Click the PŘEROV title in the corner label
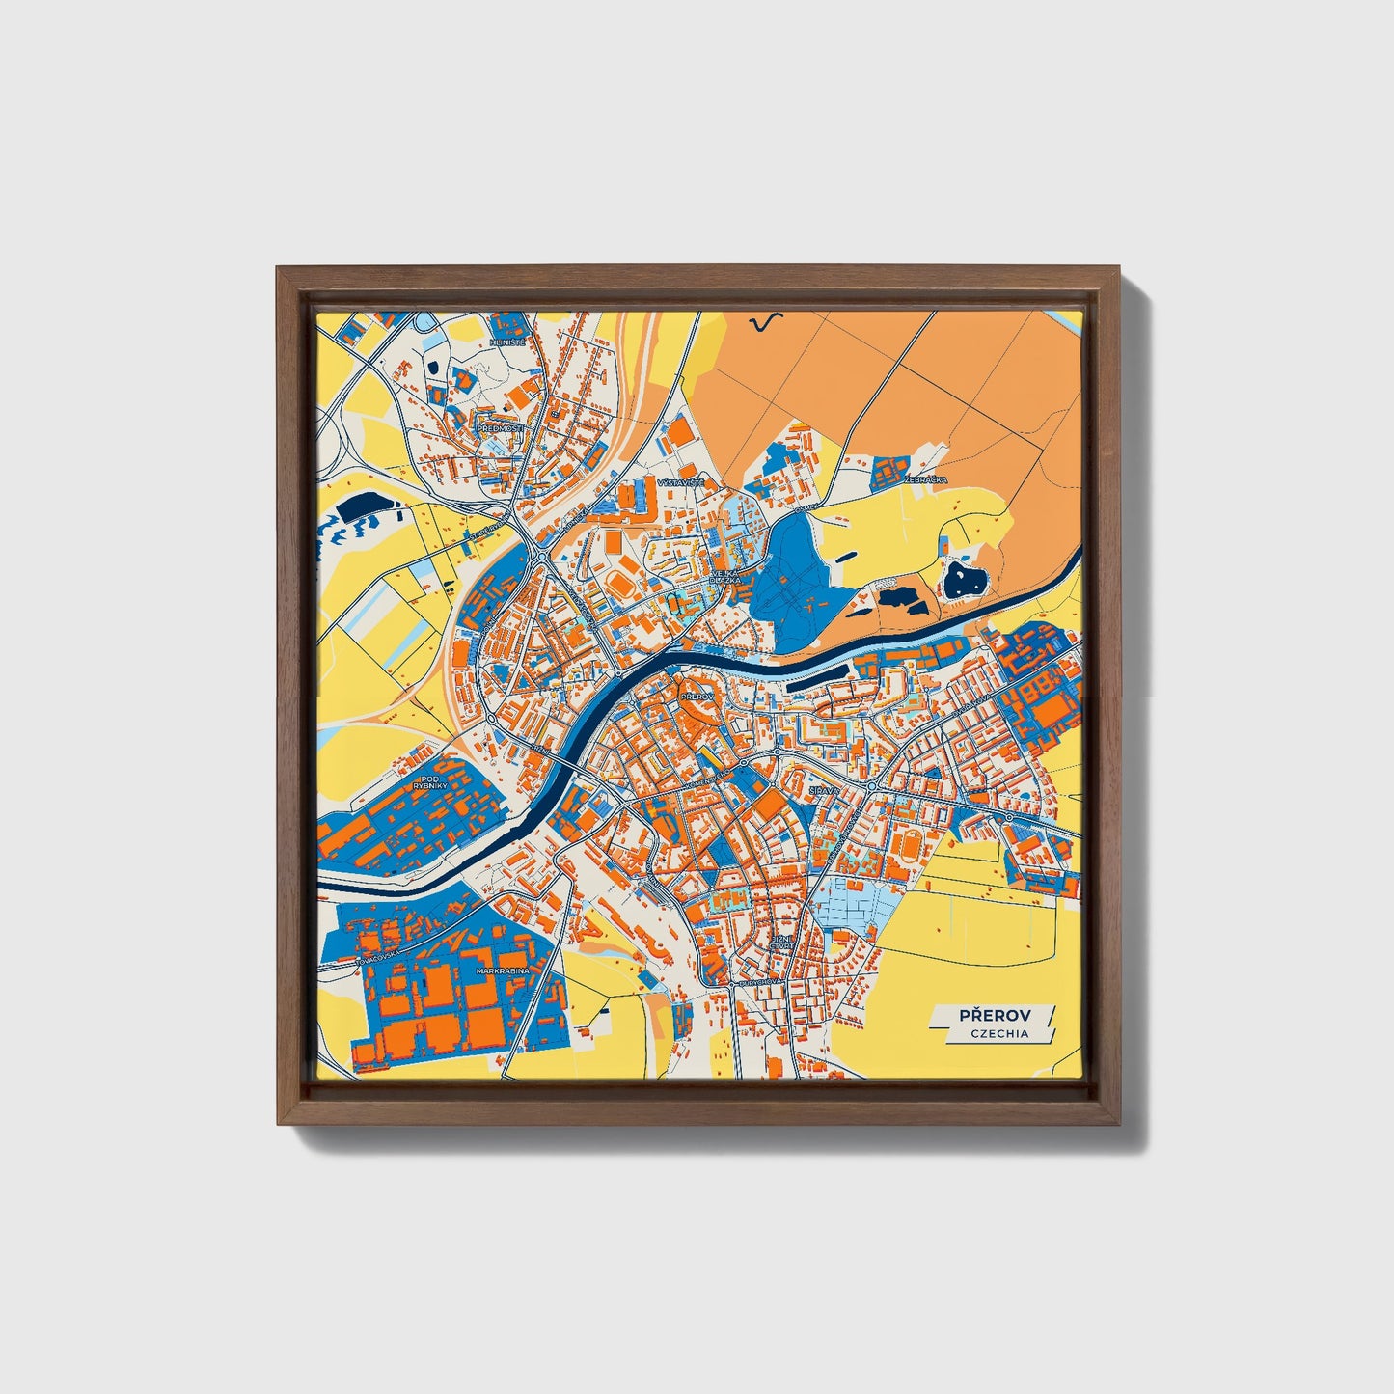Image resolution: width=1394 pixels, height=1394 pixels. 995,1015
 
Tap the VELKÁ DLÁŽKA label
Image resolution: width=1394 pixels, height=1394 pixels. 724,576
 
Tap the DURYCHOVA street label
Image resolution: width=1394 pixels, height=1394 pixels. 759,981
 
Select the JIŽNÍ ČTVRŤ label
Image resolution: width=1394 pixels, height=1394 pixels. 779,941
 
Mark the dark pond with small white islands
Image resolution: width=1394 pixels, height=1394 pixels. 962,580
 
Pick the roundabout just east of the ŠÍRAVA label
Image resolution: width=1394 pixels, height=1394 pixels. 872,787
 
